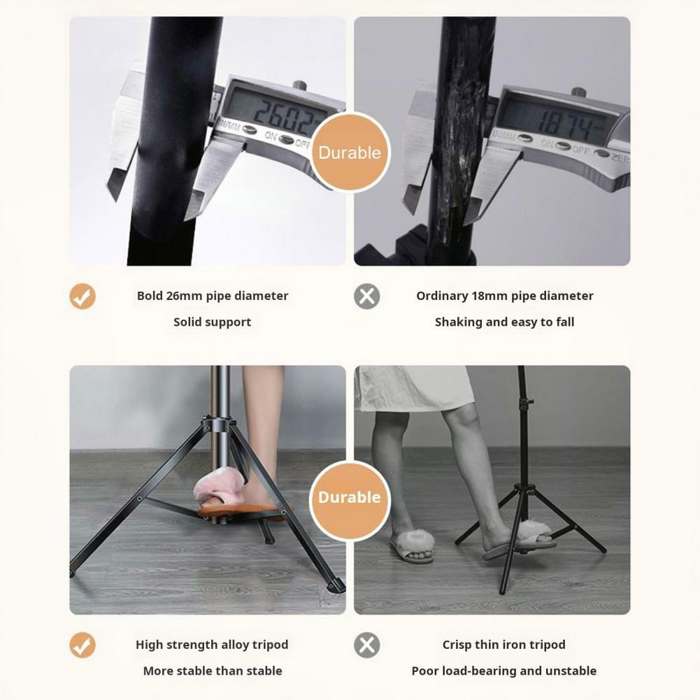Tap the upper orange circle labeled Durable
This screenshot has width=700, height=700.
350,152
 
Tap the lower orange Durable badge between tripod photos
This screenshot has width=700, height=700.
350,497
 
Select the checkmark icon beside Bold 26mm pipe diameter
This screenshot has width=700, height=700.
82,297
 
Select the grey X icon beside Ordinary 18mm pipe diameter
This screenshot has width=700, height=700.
367,297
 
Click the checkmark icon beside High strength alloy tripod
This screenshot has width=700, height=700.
82,645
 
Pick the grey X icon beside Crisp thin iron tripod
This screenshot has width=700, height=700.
367,645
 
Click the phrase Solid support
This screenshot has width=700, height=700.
212,322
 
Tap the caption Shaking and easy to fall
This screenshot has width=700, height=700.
504,322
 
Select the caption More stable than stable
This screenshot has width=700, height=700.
213,671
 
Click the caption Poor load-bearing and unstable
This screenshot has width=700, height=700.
504,671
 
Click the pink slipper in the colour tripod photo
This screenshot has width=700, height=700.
219,489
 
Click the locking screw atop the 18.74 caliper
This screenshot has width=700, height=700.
578,92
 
